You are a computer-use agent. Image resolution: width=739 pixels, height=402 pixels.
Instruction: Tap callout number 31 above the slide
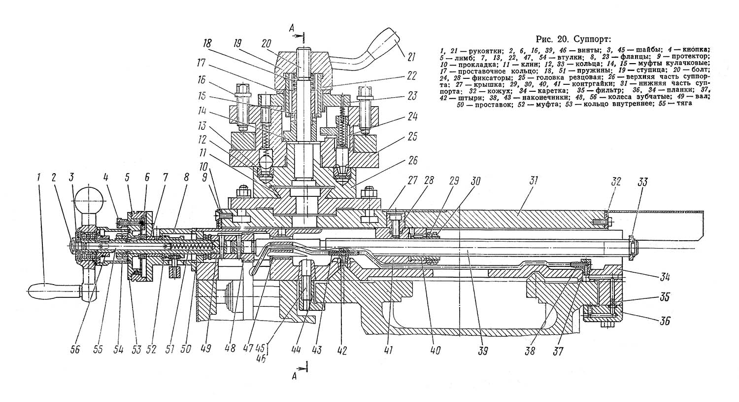[x=534, y=181]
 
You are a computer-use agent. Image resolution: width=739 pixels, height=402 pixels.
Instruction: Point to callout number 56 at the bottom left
[x=75, y=350]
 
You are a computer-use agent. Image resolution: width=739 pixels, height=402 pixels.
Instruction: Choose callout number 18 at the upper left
[x=207, y=44]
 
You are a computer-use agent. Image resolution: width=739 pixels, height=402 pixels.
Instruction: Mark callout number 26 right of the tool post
[x=412, y=160]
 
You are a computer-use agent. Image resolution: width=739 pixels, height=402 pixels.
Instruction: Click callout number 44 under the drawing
[x=296, y=350]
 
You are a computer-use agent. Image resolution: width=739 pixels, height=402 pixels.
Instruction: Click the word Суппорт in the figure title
[x=592, y=39]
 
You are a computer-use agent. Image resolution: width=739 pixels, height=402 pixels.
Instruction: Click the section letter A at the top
[x=292, y=29]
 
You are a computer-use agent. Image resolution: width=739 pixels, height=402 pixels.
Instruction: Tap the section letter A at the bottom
[x=294, y=376]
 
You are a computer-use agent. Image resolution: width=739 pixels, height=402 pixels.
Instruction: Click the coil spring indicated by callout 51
[x=191, y=247]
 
